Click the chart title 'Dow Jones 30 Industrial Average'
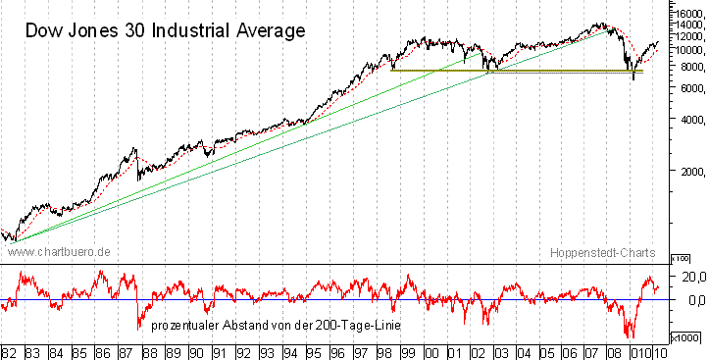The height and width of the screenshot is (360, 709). [165, 29]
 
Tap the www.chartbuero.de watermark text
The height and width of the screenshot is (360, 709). [59, 253]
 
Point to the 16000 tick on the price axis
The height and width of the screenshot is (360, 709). [688, 12]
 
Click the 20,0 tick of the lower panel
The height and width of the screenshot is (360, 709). [694, 277]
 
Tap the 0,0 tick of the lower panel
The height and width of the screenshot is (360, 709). [694, 300]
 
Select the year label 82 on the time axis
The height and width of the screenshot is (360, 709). [10, 350]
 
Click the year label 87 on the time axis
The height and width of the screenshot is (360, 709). [127, 350]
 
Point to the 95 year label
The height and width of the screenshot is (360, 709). [313, 350]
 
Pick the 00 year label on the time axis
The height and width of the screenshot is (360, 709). [430, 350]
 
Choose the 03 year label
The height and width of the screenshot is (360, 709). [501, 350]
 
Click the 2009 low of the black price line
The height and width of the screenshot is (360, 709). [633, 77]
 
